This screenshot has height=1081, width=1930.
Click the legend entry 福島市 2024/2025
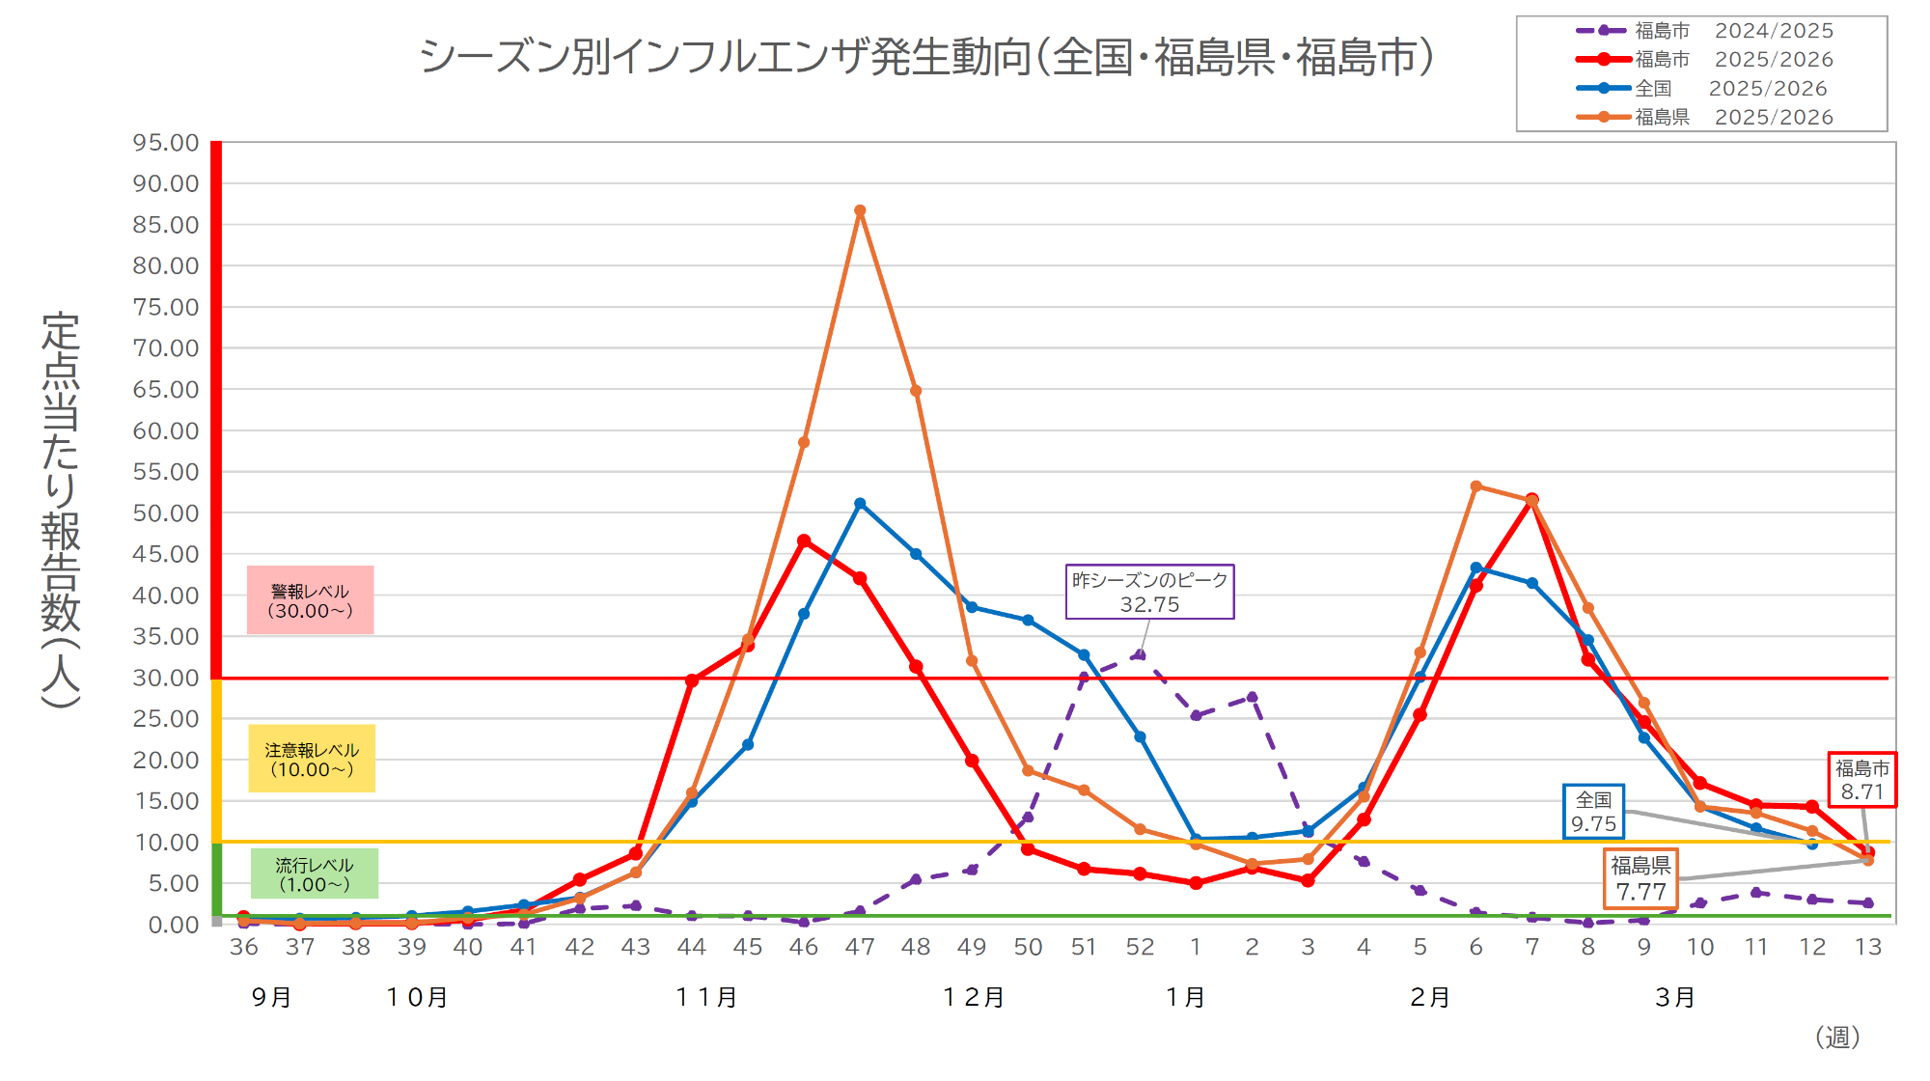[x=1703, y=31]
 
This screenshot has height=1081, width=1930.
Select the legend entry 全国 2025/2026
[x=1703, y=88]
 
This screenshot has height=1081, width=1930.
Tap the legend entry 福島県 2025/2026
[x=1703, y=117]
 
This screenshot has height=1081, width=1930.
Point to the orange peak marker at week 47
[x=860, y=210]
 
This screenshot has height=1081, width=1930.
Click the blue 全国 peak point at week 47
[x=860, y=504]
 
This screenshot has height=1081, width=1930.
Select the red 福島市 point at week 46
[x=804, y=541]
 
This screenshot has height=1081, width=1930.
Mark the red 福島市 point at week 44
[x=692, y=680]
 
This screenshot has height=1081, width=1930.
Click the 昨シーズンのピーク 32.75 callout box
[x=1149, y=592]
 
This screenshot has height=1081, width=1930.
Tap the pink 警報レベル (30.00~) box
[x=310, y=600]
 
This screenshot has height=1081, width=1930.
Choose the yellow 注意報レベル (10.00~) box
[x=312, y=759]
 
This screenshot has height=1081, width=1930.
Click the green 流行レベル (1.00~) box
[x=314, y=874]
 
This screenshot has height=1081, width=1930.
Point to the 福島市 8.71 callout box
[x=1861, y=780]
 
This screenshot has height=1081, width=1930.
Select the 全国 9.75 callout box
[x=1593, y=812]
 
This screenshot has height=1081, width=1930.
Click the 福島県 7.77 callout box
[x=1640, y=878]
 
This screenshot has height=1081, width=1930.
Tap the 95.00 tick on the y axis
[x=166, y=143]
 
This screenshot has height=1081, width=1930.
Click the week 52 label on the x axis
[x=1140, y=947]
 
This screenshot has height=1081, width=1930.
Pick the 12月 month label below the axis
[x=974, y=997]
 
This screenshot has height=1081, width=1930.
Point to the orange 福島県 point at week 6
[x=1476, y=486]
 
